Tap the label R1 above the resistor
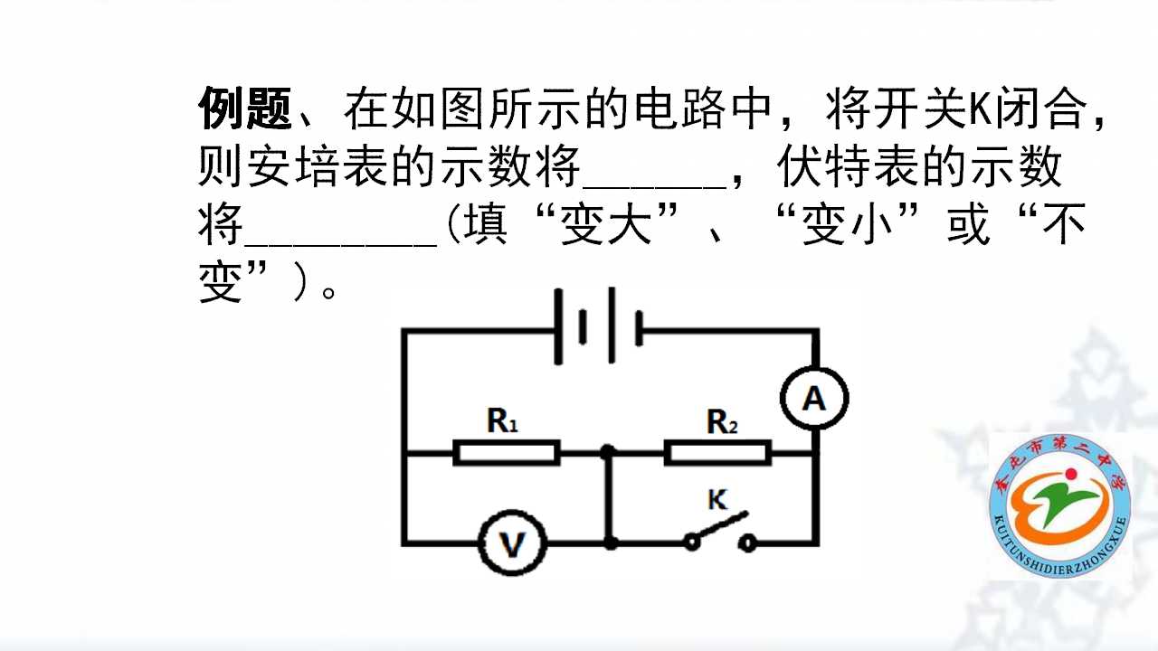click(502, 420)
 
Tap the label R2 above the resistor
click(722, 421)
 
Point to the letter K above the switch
click(717, 500)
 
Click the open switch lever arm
click(720, 526)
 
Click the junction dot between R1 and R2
click(608, 453)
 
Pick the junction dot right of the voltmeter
click(611, 543)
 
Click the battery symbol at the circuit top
click(598, 326)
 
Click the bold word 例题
click(245, 108)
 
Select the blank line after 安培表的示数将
click(655, 187)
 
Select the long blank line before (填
click(341, 245)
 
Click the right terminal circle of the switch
click(747, 543)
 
